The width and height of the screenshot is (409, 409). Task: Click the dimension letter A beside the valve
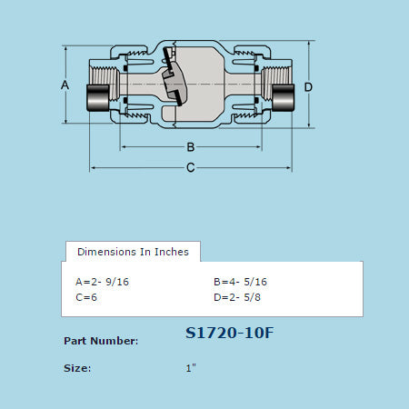pyautogui.click(x=65, y=85)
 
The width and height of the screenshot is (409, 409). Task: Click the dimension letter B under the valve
pyautogui.click(x=191, y=147)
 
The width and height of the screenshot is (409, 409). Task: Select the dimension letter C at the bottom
pyautogui.click(x=190, y=167)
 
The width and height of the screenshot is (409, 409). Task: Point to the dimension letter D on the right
pyautogui.click(x=309, y=86)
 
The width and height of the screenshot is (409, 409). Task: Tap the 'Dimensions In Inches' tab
pyautogui.click(x=133, y=251)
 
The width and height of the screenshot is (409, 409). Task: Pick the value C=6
pyautogui.click(x=87, y=296)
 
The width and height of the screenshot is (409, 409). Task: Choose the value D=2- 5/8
pyautogui.click(x=236, y=296)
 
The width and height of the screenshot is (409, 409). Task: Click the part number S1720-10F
pyautogui.click(x=228, y=333)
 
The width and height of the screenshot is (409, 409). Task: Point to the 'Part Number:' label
pyautogui.click(x=101, y=341)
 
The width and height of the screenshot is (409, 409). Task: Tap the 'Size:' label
pyautogui.click(x=77, y=368)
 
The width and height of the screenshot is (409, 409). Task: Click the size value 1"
pyautogui.click(x=191, y=368)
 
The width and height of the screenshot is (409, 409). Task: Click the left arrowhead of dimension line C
pyautogui.click(x=93, y=167)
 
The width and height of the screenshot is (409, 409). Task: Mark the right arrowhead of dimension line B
pyautogui.click(x=261, y=146)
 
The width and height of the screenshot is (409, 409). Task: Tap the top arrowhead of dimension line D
pyautogui.click(x=309, y=48)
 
